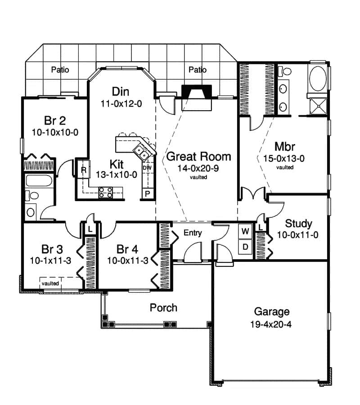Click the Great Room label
click(x=198, y=157)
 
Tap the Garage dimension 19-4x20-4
click(x=271, y=324)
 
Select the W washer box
click(x=245, y=231)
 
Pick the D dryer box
click(x=245, y=247)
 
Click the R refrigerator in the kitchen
click(x=84, y=170)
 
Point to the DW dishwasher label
click(x=147, y=167)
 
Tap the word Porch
click(x=163, y=308)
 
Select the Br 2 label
click(x=55, y=121)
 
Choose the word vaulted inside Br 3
click(x=50, y=283)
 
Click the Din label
click(x=121, y=92)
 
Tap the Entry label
click(x=193, y=233)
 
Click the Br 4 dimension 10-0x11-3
click(x=128, y=260)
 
